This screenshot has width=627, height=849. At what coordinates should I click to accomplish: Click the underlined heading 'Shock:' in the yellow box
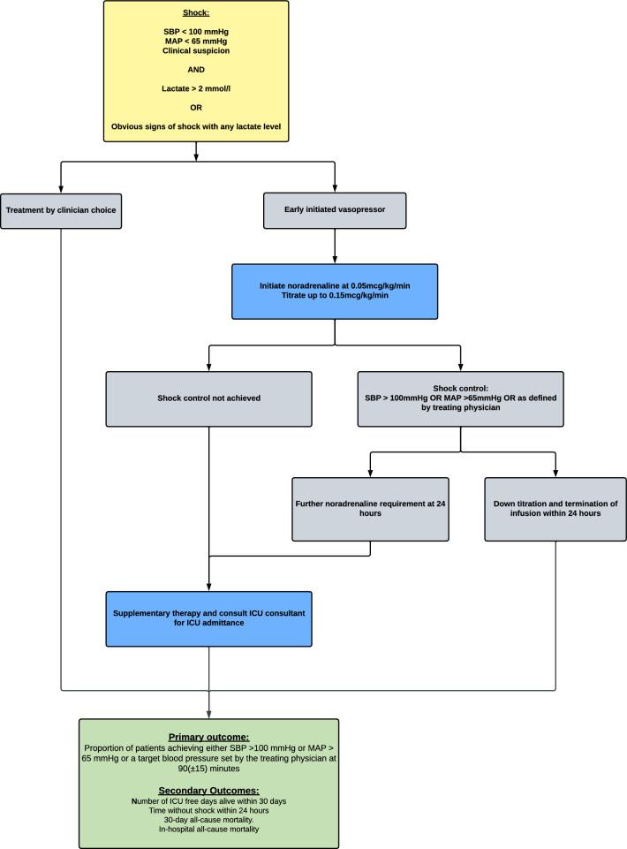tap(196, 12)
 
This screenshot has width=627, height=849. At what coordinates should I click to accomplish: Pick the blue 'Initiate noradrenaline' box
tap(335, 291)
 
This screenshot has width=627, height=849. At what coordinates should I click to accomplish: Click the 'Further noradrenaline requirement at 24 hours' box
tap(371, 508)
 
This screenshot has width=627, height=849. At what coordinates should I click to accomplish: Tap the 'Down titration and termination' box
tap(555, 508)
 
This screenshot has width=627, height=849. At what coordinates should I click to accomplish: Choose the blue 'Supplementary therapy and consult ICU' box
tap(208, 619)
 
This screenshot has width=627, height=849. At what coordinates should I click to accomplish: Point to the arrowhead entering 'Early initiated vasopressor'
tap(335, 188)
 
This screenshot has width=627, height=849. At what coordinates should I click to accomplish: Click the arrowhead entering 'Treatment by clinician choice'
tap(60, 188)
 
